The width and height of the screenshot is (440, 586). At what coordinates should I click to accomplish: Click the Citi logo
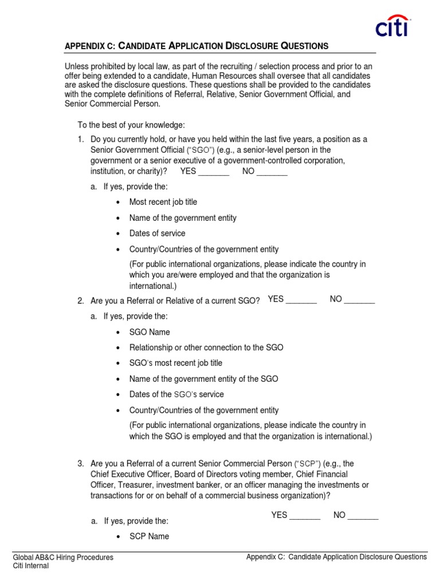pos(393,26)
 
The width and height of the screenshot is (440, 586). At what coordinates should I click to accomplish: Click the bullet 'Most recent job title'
pos(163,202)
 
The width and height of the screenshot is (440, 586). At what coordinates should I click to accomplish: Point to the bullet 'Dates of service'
pos(157,233)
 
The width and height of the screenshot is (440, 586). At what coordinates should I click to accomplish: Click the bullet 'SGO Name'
pos(150,332)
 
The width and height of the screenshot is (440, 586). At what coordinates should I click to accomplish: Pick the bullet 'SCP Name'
pos(149,536)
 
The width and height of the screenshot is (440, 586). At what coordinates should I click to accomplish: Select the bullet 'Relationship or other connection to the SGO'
pos(206,347)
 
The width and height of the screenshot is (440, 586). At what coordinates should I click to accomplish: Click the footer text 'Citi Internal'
pos(31,566)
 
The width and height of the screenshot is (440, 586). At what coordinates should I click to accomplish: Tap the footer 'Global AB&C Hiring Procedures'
pos(63,557)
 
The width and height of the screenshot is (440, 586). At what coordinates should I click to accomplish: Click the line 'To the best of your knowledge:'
pos(131,125)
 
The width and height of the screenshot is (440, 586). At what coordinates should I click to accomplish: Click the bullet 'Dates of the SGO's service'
pos(176,394)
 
